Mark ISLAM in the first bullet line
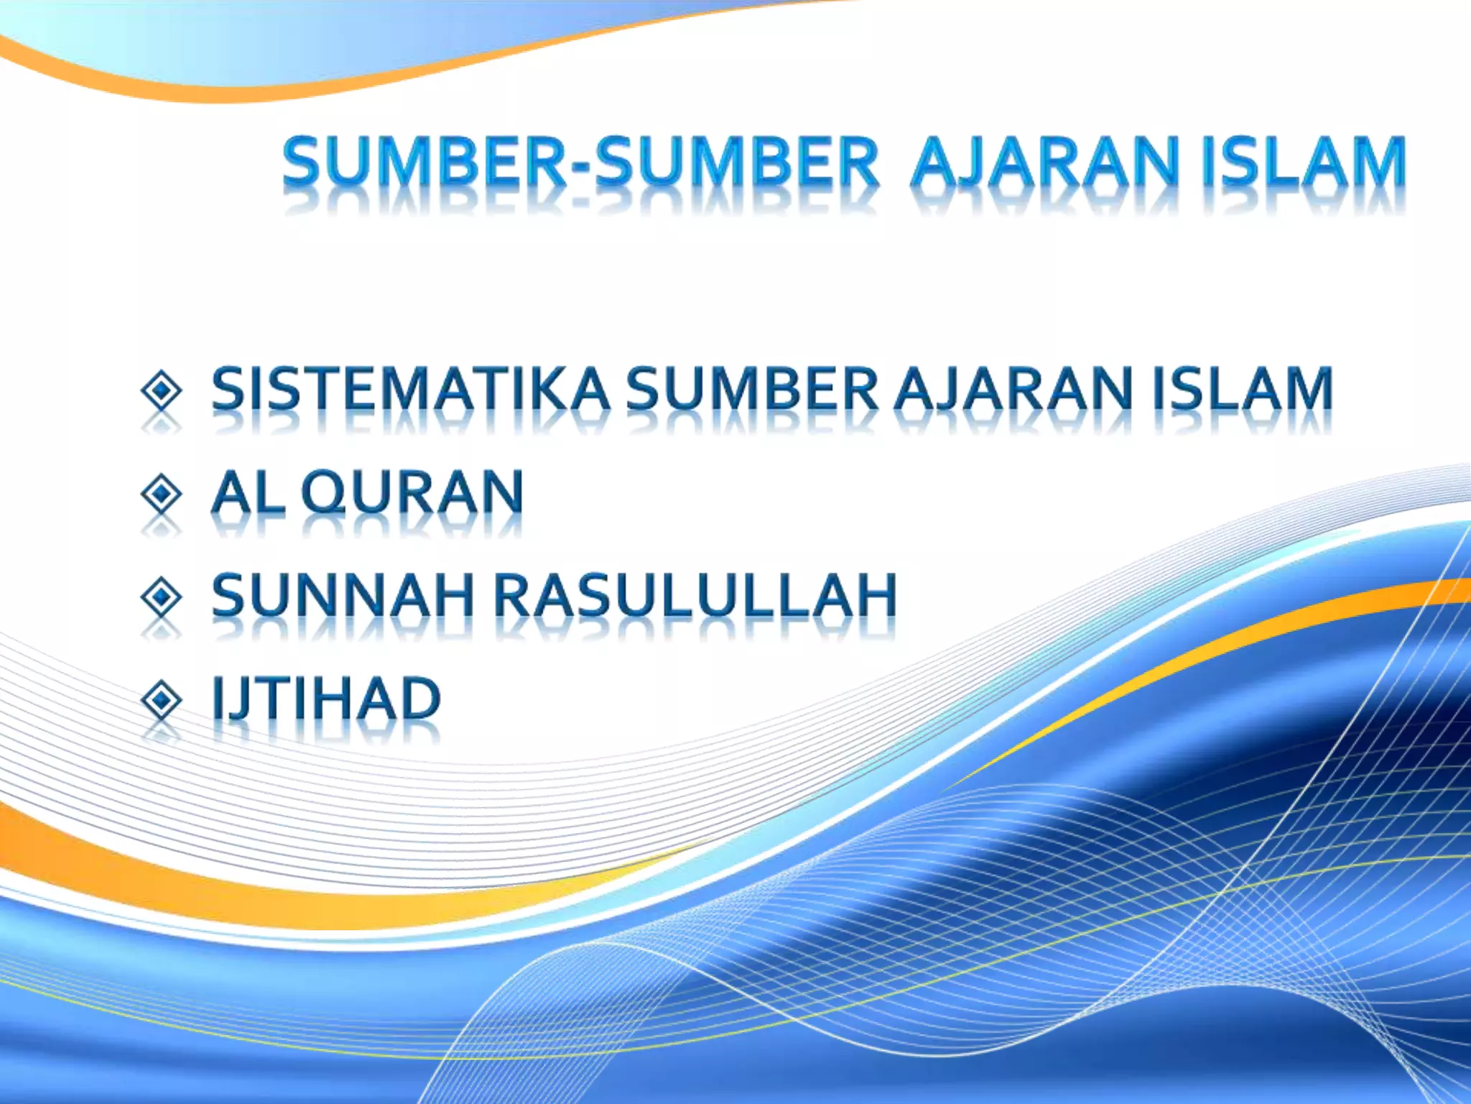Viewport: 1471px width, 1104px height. click(x=1243, y=389)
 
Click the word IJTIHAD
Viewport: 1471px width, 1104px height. click(x=326, y=699)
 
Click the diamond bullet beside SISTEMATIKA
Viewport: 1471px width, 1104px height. click(x=162, y=390)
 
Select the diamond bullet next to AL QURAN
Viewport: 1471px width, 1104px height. click(x=162, y=494)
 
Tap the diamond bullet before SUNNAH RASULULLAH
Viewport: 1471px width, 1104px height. click(x=162, y=597)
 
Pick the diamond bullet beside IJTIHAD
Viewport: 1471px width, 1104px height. click(x=162, y=699)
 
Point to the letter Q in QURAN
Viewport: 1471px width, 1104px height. click(x=326, y=494)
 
